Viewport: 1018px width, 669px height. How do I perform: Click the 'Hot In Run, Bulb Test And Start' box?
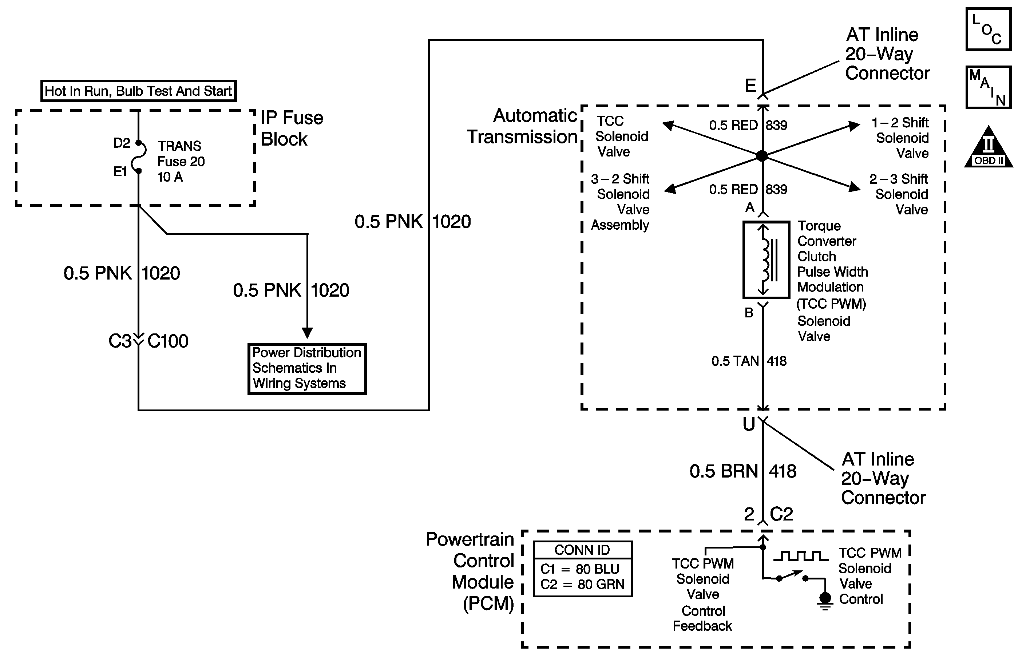tap(138, 91)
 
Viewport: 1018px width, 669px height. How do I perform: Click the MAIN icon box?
tap(988, 87)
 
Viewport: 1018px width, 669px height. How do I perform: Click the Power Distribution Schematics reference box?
tap(307, 368)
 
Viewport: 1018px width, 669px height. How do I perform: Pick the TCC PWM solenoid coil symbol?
tap(766, 260)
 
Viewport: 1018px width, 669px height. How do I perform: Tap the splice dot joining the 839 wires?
tap(762, 156)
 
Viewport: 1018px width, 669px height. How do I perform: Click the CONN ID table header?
tap(583, 550)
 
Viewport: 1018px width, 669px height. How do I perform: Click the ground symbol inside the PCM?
tap(825, 600)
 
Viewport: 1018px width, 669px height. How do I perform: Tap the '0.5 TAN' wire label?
tap(735, 361)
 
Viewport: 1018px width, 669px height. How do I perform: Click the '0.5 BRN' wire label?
tap(723, 471)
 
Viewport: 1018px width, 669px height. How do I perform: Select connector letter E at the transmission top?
tap(750, 86)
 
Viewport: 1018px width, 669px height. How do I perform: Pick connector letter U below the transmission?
tap(749, 424)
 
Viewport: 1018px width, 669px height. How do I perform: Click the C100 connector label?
tap(168, 341)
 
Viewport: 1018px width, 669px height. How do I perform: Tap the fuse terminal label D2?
tap(122, 143)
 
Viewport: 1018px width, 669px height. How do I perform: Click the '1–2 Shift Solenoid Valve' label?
tap(900, 138)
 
